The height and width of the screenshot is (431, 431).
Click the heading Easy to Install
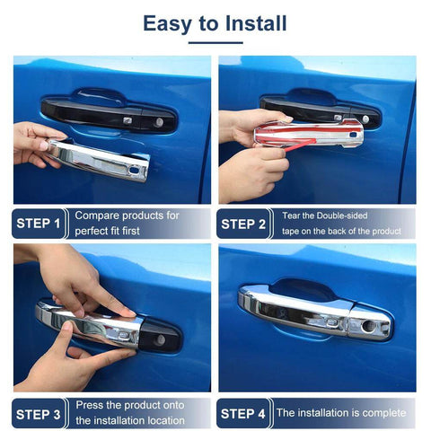tap(215, 23)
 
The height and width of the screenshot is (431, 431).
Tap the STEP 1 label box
tap(40, 224)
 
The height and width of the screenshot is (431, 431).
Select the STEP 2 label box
tap(244, 224)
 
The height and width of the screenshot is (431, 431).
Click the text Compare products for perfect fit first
tap(127, 224)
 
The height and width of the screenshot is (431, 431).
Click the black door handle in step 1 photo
tap(108, 114)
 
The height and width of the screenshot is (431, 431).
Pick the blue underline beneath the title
tap(215, 41)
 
